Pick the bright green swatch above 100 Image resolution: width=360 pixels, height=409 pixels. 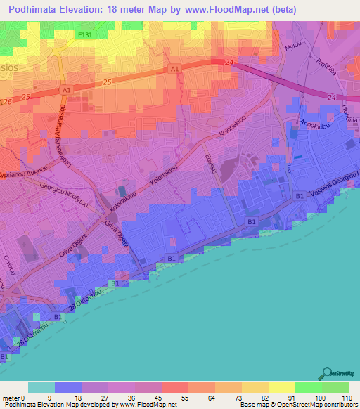click(x=308, y=387)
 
